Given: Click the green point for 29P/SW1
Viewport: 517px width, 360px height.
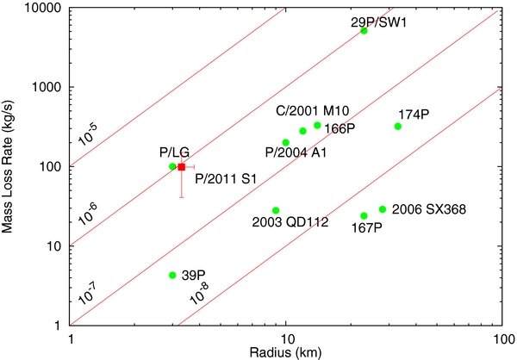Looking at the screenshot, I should (364, 30).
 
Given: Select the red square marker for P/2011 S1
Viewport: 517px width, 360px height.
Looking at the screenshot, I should (182, 166).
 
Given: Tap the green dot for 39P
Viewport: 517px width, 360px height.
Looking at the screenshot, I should (172, 275).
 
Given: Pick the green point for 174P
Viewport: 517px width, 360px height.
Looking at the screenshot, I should (398, 127).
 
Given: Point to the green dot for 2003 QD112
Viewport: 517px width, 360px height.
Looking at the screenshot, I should (276, 210).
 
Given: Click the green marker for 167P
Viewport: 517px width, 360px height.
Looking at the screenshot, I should (364, 215).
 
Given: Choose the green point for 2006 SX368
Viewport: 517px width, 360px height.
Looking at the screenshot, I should (383, 209).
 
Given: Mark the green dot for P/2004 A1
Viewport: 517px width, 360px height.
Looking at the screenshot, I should (286, 143).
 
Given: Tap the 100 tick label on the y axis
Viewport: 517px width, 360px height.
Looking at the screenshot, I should (52, 166).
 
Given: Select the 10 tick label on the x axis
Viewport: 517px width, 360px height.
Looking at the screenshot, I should (286, 339).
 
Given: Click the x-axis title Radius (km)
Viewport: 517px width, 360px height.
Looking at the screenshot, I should (286, 353).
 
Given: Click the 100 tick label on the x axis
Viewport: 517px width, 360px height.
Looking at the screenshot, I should (501, 339).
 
